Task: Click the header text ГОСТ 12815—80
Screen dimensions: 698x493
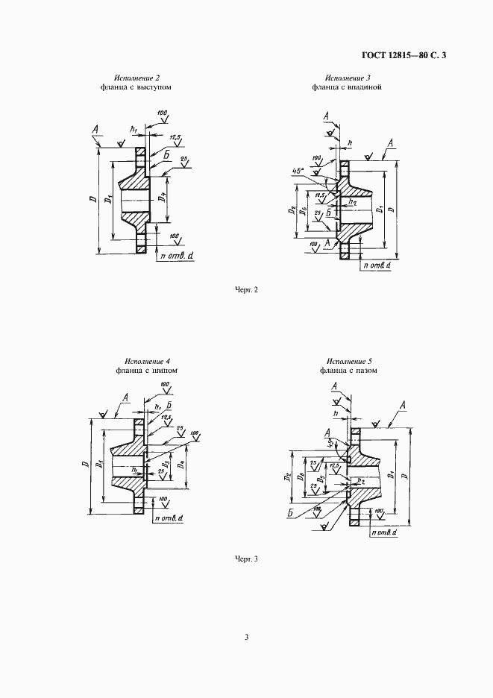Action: click(395, 54)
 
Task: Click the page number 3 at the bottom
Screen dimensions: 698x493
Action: click(246, 637)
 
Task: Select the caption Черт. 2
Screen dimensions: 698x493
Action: click(246, 289)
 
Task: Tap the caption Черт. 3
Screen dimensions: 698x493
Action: click(246, 559)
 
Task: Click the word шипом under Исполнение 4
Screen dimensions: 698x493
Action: click(167, 370)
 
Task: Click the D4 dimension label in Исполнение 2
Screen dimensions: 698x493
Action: click(163, 200)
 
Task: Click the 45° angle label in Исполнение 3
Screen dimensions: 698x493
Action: click(299, 171)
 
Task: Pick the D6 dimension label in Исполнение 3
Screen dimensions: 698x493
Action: click(304, 212)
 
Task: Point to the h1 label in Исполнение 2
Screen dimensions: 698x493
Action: click(134, 130)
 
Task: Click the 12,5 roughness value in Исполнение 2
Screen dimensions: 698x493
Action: click(176, 138)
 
